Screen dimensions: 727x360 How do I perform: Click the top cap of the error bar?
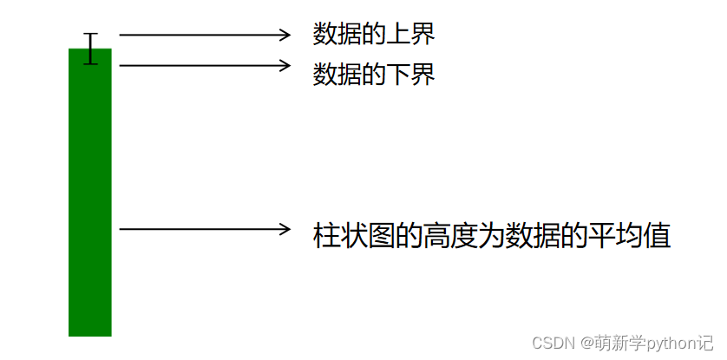coord(90,34)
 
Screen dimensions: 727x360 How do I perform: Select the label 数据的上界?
coord(373,34)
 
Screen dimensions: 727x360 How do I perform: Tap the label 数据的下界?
coord(373,75)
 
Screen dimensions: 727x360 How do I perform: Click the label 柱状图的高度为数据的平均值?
coord(492,236)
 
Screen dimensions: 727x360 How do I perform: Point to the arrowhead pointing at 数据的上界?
coord(285,35)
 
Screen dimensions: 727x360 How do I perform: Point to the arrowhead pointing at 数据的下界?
coord(285,65)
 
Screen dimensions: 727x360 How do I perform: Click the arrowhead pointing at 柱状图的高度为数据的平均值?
coord(285,229)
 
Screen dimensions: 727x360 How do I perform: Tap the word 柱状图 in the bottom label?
coord(354,236)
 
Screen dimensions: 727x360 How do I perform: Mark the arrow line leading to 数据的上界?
coord(200,35)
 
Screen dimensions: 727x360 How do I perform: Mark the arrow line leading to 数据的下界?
coord(200,65)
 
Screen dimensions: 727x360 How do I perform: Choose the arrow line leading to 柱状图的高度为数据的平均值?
coord(200,229)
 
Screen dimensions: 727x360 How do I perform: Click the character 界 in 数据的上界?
coord(422,34)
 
